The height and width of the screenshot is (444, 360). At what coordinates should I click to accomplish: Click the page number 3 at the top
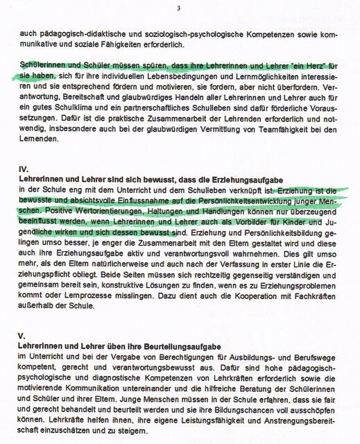click(179, 8)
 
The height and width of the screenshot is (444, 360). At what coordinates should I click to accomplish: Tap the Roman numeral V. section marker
click(22, 335)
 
